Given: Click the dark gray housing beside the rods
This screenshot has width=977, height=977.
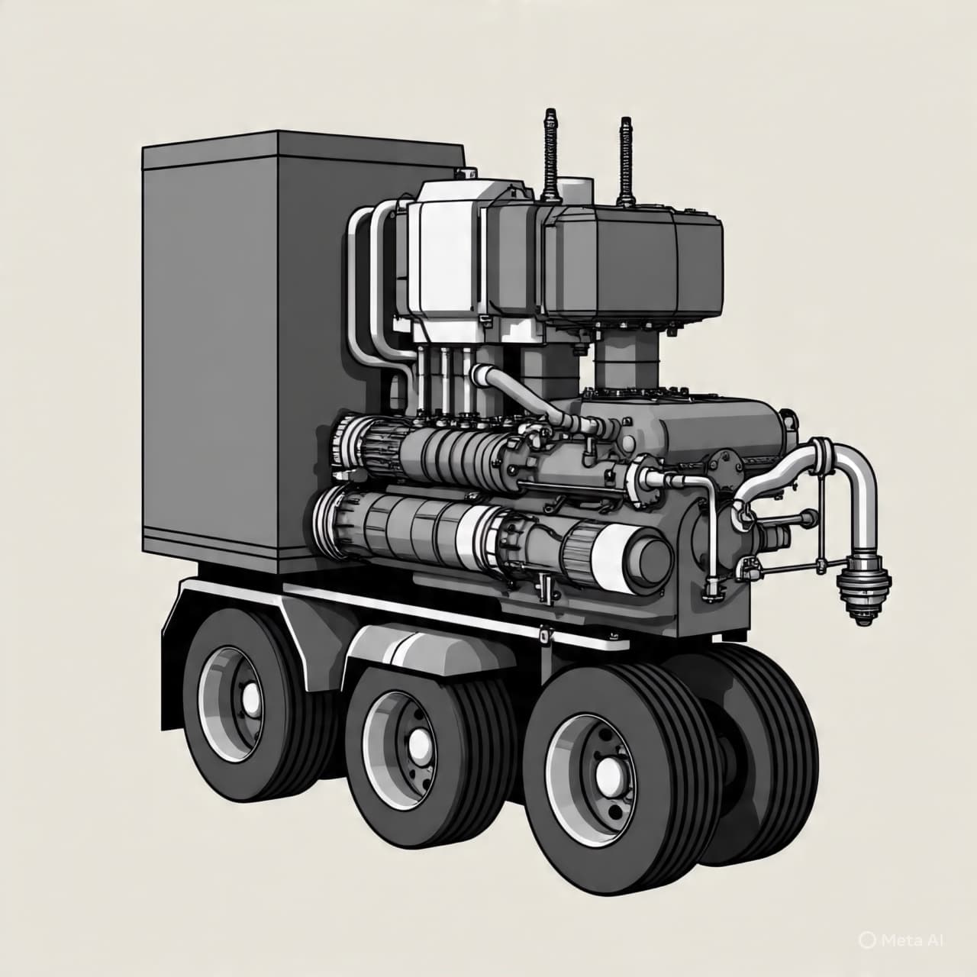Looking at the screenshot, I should pos(634,260).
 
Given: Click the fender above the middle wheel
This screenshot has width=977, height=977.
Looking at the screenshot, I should pos(416,649).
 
